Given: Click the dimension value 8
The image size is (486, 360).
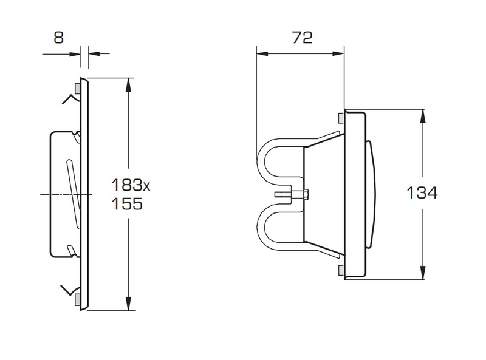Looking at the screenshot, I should pyautogui.click(x=58, y=38).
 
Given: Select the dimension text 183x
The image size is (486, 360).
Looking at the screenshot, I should pyautogui.click(x=130, y=185).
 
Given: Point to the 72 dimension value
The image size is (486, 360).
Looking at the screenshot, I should pyautogui.click(x=302, y=38).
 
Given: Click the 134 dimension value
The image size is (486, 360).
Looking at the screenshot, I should pyautogui.click(x=422, y=193).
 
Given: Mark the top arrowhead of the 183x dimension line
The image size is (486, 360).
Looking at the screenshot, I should pyautogui.click(x=128, y=84).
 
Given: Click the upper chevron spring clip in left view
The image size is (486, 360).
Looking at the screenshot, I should pyautogui.click(x=69, y=99).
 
